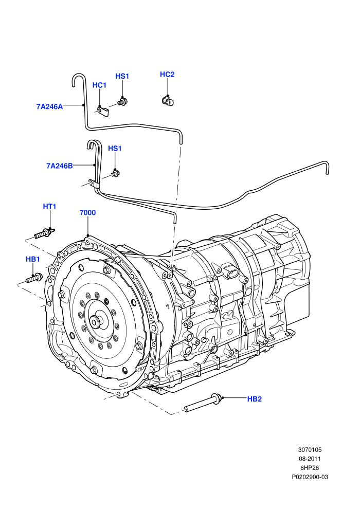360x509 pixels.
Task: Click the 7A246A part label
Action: coord(49,106)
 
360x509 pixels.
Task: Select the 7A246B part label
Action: coord(60,166)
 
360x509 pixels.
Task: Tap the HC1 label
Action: coord(99,85)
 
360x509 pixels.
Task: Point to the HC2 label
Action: coord(167,75)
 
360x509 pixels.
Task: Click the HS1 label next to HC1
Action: coord(122,76)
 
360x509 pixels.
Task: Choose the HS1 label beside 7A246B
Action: coord(115,149)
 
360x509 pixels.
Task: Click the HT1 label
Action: coord(50,207)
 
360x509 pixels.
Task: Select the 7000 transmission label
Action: coord(87,213)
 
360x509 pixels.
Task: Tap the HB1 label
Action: coord(33,259)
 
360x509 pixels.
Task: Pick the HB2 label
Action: coord(255,399)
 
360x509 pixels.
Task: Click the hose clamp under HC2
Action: coord(168,100)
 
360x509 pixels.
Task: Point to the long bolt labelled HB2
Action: coord(203,403)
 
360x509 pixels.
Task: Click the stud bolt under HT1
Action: coord(44,233)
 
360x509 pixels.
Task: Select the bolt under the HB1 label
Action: coord(34,278)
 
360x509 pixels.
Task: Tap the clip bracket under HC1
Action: coord(103,111)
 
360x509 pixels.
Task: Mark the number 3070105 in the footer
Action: coord(310,449)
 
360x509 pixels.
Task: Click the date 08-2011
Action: coord(310,459)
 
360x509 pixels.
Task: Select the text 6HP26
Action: coord(310,468)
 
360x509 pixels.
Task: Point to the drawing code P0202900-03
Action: coord(310,477)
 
